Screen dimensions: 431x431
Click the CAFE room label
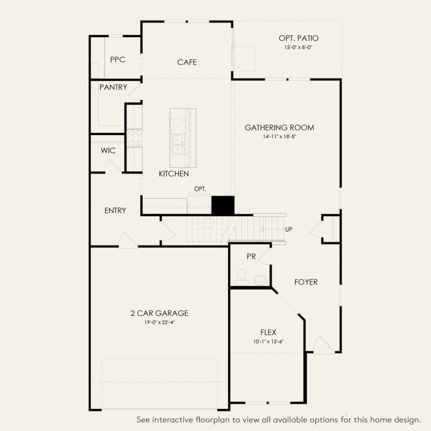(x=187, y=62)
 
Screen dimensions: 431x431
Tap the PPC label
(x=118, y=60)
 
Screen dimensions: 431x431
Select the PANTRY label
(x=113, y=87)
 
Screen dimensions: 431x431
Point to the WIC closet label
(x=108, y=151)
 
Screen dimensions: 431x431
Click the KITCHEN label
(x=173, y=174)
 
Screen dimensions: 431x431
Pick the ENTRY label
(x=115, y=211)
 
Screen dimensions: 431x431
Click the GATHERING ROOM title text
(x=279, y=127)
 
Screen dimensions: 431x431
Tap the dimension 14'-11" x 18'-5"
(x=279, y=137)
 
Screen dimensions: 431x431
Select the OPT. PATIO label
(x=298, y=38)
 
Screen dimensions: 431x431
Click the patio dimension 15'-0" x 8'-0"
(x=298, y=47)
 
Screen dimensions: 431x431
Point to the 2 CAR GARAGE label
(x=159, y=313)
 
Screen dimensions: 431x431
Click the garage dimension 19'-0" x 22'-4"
(x=159, y=322)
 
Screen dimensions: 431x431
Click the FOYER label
(x=306, y=282)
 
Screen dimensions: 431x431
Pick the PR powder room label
(x=251, y=257)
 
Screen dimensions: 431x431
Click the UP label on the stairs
(x=290, y=229)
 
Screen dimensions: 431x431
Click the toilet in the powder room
(x=241, y=277)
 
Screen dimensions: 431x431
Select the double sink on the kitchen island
(x=177, y=144)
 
